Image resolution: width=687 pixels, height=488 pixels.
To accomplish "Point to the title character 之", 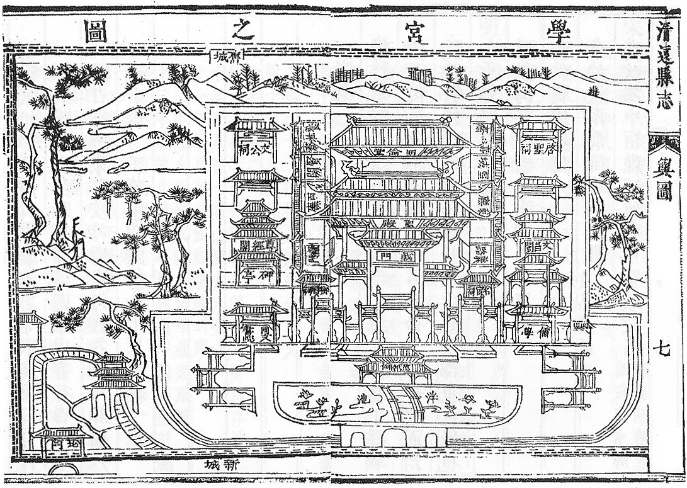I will click(x=242, y=30).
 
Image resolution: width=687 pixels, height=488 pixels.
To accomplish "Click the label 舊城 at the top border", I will click(x=227, y=59).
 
